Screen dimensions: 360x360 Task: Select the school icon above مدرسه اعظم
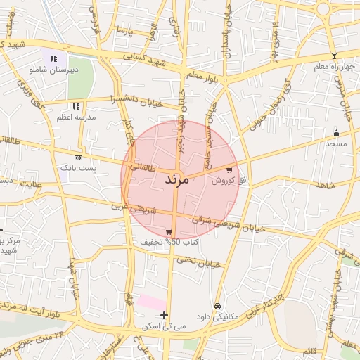pyautogui.click(x=76, y=106)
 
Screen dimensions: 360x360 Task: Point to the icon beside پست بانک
pyautogui.click(x=77, y=158)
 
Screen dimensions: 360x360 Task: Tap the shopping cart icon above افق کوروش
pyautogui.click(x=230, y=170)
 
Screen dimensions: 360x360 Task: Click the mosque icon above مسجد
pyautogui.click(x=336, y=133)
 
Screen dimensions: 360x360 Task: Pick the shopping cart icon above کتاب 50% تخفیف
pyautogui.click(x=169, y=232)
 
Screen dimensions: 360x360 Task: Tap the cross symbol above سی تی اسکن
pyautogui.click(x=165, y=315)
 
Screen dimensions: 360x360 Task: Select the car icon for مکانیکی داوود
pyautogui.click(x=218, y=307)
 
